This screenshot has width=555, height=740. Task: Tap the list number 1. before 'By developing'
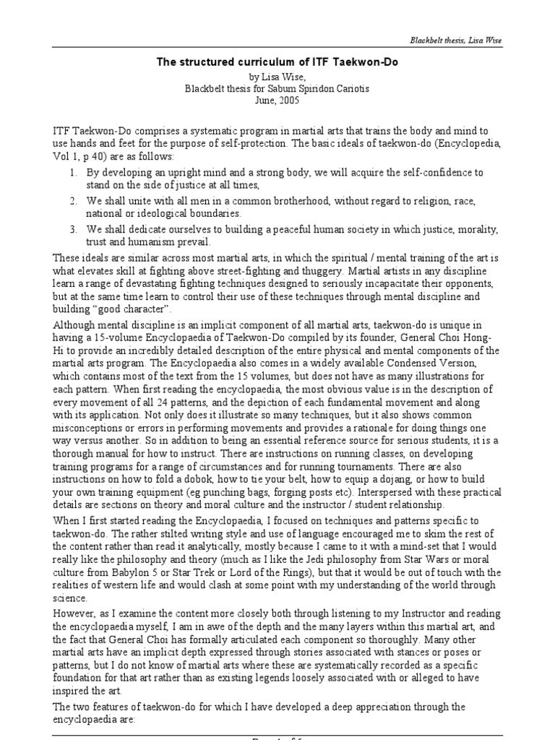[74, 174]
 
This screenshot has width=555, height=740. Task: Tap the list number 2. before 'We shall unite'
[74, 202]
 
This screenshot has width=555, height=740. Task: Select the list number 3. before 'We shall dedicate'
[74, 230]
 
